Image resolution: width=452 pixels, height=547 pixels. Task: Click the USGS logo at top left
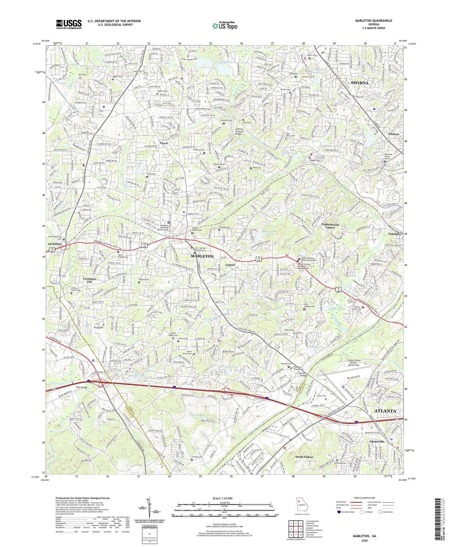(x=69, y=24)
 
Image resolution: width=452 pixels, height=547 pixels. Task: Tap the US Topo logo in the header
(x=225, y=26)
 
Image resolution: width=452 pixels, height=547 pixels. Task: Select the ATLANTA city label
(x=385, y=411)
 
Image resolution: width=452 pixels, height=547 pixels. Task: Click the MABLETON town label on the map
(x=202, y=256)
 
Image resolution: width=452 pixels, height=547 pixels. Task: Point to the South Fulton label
(x=304, y=457)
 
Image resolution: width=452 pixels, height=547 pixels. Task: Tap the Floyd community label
(x=164, y=143)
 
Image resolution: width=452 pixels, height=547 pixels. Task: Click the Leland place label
(x=230, y=265)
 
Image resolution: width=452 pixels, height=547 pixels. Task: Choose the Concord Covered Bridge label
(x=244, y=131)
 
